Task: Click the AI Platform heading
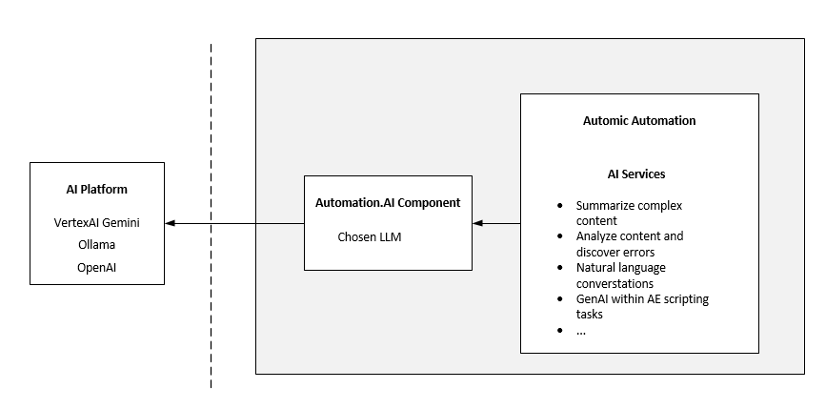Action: [96, 190]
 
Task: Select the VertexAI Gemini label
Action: [96, 222]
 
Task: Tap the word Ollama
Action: [96, 245]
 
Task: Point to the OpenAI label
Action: [96, 268]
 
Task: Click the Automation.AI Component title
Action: [388, 203]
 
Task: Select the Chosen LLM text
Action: [370, 236]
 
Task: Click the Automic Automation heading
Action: [639, 121]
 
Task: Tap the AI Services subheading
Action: [636, 174]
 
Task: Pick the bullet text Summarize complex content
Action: [629, 213]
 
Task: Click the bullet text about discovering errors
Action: [630, 243]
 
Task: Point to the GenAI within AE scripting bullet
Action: [641, 306]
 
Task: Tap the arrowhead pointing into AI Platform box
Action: [171, 223]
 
